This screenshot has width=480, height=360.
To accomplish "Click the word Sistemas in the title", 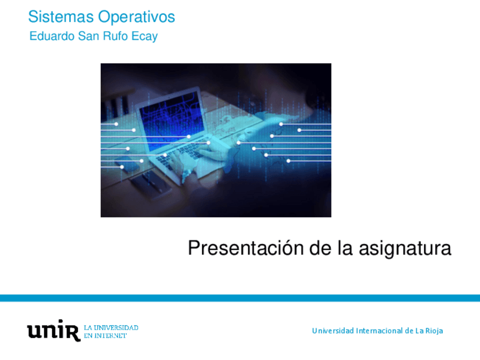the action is pos(61,16).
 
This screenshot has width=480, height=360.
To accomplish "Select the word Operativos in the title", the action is pos(136,18).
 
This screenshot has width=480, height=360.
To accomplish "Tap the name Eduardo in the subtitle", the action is pos(52,36).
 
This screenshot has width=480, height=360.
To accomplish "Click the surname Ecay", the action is pos(144,37).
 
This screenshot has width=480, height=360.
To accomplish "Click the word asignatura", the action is pos(405,248).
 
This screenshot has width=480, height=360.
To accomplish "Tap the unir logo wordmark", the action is pos(54,331).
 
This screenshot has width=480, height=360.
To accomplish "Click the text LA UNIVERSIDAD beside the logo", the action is pos(111,328).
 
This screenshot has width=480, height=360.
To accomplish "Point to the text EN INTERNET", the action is pos(105,336).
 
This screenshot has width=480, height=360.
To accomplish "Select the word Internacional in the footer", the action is pos(379,331).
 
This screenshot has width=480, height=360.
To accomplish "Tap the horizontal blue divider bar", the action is pos(240,298).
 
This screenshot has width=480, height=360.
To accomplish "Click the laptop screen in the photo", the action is pos(172,119).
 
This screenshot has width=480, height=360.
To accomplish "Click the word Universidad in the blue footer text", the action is pos(333,331).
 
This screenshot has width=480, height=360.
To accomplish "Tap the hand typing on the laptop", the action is pos(211,150).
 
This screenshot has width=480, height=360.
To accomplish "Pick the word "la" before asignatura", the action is pos(345,248).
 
